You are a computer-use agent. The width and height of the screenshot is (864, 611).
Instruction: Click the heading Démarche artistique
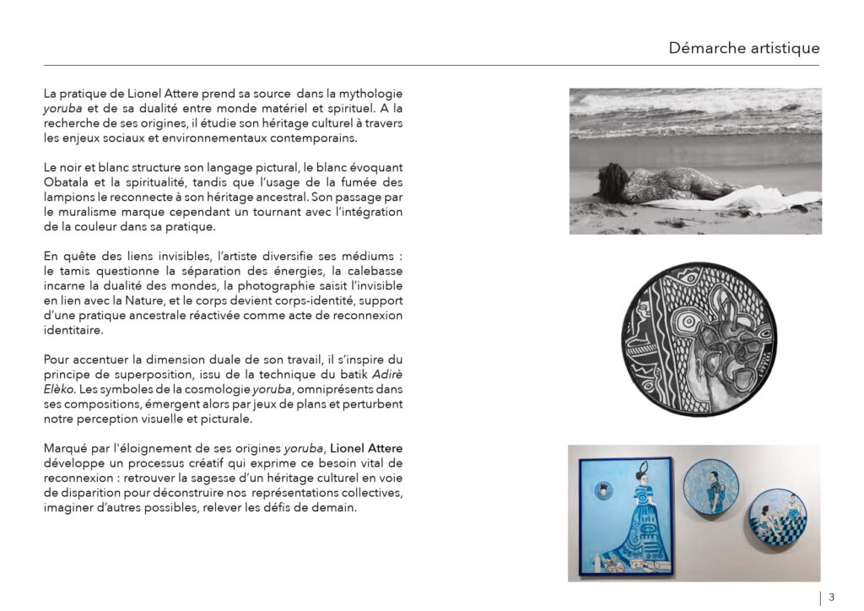[x=743, y=48]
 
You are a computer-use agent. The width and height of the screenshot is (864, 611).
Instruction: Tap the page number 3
[x=831, y=597]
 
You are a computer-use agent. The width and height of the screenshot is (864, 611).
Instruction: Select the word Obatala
[x=67, y=183]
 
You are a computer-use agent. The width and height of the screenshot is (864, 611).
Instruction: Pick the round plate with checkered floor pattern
[x=777, y=516]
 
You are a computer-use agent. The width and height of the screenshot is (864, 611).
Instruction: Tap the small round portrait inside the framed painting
[x=604, y=489]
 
